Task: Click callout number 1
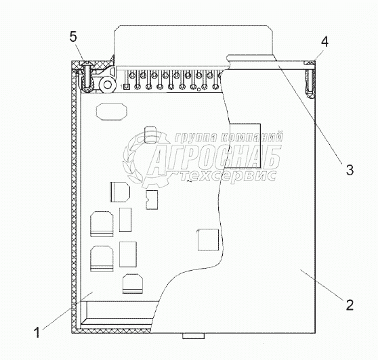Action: (37, 332)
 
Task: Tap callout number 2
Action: (350, 305)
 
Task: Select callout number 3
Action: (350, 170)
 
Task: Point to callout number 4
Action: (324, 42)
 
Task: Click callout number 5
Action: (73, 37)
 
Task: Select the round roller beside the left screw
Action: (108, 85)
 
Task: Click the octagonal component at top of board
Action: (111, 111)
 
